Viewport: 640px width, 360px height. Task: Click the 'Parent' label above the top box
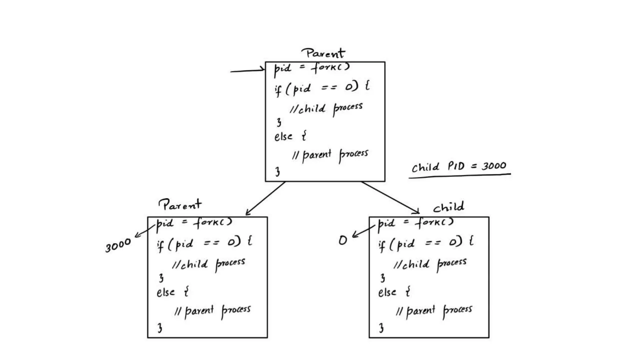tap(323, 53)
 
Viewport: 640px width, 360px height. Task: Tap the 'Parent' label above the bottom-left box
tap(180, 205)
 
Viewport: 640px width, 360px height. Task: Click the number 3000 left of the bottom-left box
tap(118, 245)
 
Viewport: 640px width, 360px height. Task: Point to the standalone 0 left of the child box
tap(342, 240)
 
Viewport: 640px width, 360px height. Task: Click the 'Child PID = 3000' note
tap(458, 166)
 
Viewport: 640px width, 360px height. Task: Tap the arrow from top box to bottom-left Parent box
tap(266, 198)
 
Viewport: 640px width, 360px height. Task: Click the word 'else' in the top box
tap(283, 137)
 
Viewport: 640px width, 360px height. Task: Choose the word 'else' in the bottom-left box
tap(165, 292)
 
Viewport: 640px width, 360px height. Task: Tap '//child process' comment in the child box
tap(430, 264)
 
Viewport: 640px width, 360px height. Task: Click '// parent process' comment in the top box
tap(330, 155)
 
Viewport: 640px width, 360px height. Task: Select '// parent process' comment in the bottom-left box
tap(212, 311)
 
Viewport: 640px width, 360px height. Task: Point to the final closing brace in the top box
tap(277, 172)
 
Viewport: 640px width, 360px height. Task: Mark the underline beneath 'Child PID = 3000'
tap(459, 176)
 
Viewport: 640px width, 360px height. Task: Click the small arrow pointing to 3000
tap(144, 231)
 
